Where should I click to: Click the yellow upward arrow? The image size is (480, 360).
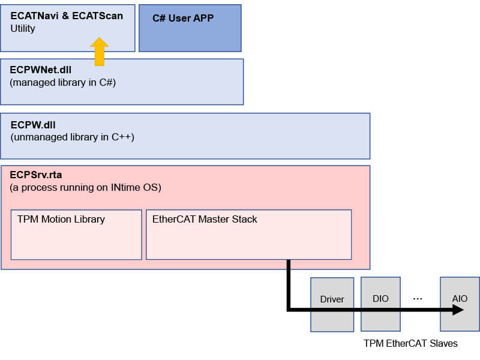(x=100, y=52)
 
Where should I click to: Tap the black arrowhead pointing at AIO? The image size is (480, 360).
(x=458, y=310)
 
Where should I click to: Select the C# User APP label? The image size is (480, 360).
(x=183, y=18)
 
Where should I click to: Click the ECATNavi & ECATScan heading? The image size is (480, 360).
(x=67, y=16)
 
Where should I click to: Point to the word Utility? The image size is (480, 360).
(x=23, y=28)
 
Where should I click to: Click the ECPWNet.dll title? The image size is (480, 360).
(x=40, y=70)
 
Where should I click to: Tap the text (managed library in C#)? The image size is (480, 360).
(x=63, y=83)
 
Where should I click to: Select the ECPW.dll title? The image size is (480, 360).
(x=33, y=125)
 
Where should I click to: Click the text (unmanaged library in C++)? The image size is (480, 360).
(x=72, y=137)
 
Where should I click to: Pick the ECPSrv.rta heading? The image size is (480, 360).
(x=36, y=175)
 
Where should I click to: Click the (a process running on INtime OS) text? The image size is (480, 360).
(x=85, y=187)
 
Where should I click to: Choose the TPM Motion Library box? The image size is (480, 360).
(x=76, y=235)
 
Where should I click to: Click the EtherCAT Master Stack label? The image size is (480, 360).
(x=205, y=219)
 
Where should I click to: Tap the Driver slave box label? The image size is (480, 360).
(x=332, y=299)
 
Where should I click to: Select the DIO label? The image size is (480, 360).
(x=380, y=298)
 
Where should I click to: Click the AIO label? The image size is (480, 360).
(x=460, y=298)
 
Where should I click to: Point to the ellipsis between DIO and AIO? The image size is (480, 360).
(x=418, y=298)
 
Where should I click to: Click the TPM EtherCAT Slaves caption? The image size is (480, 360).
(x=410, y=343)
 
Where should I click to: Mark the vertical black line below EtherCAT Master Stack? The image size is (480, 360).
(x=289, y=286)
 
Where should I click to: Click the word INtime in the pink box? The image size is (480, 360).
(x=124, y=187)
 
